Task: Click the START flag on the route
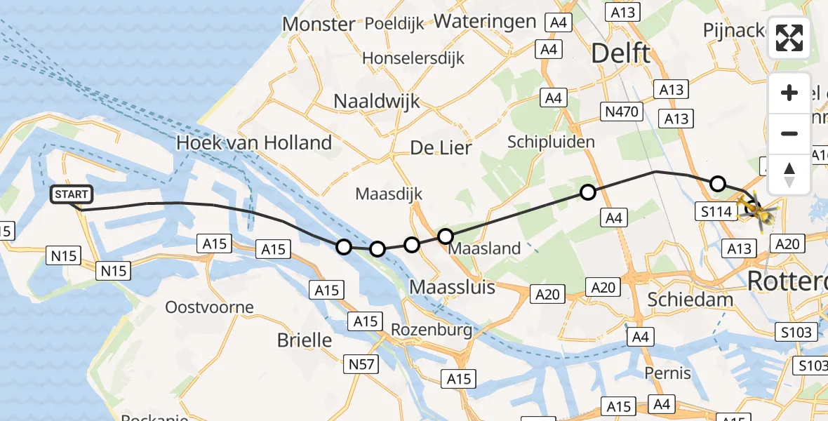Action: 71,194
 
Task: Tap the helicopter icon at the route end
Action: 756,208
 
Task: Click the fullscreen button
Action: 789,38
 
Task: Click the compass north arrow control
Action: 789,174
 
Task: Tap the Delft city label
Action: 621,53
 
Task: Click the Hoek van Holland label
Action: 253,143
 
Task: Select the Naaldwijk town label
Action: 377,101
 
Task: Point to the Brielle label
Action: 305,340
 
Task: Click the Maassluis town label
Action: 453,287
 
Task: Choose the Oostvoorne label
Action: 209,307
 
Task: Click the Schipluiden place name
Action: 551,142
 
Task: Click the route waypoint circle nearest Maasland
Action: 446,236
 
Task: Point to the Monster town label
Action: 319,25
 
